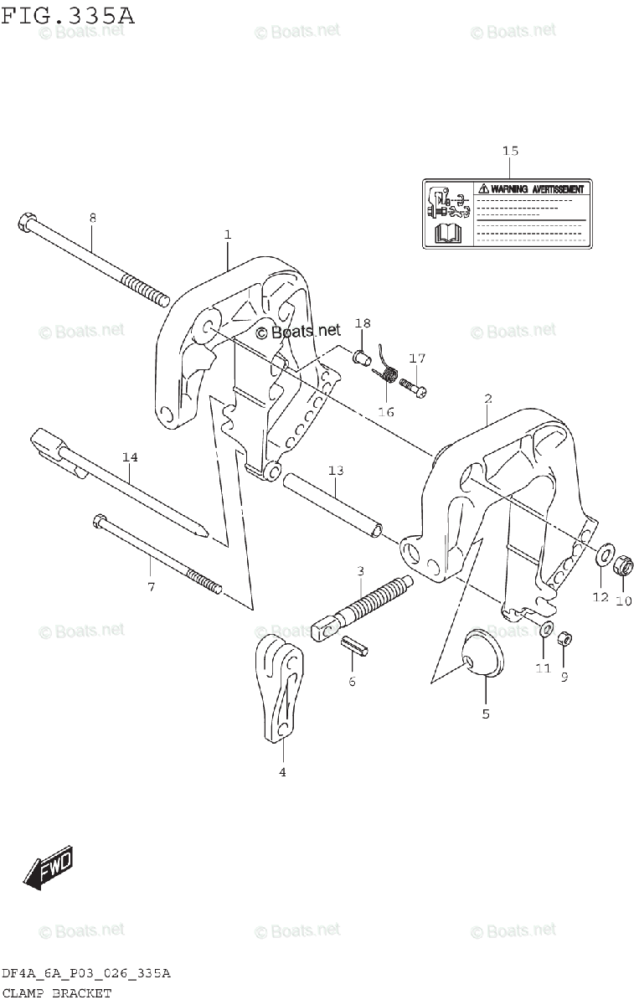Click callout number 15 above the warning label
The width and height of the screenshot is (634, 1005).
[510, 151]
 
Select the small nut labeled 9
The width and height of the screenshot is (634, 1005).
[565, 639]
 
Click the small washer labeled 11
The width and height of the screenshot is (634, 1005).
[545, 630]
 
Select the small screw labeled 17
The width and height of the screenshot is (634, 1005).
[412, 386]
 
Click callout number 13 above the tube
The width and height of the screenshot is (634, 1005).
[336, 471]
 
